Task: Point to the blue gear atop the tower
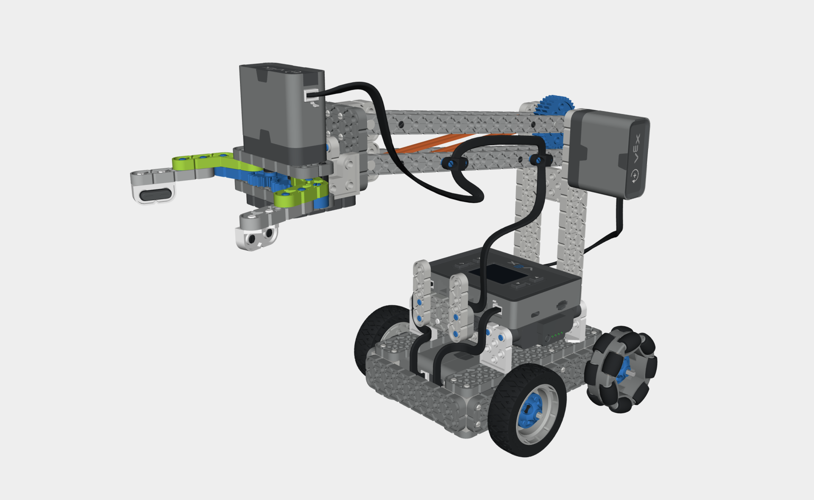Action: click(552, 105)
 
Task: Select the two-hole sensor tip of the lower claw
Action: click(257, 238)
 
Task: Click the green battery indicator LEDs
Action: click(558, 335)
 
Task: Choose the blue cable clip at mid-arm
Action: click(454, 162)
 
